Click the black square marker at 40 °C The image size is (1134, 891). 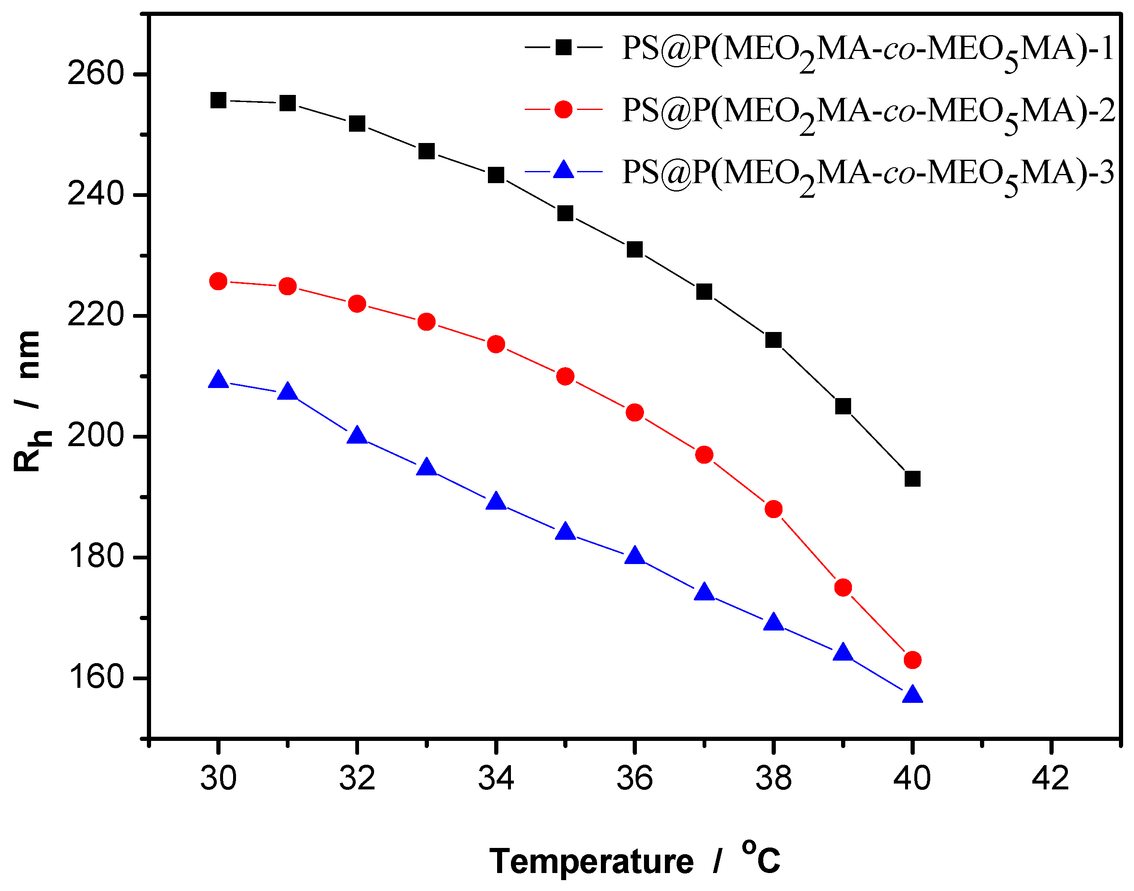(x=912, y=478)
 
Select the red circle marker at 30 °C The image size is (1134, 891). (x=218, y=281)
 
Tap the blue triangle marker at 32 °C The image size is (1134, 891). (x=357, y=436)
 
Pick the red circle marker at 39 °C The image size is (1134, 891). (x=843, y=588)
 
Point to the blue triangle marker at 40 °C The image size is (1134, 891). (x=912, y=695)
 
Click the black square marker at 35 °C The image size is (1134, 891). (x=565, y=213)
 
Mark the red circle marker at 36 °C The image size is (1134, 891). (x=635, y=413)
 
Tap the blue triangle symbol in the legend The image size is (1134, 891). (x=563, y=171)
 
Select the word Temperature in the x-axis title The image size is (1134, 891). (x=591, y=861)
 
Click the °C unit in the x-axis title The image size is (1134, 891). (x=761, y=857)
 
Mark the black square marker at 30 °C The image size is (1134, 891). (x=218, y=100)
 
